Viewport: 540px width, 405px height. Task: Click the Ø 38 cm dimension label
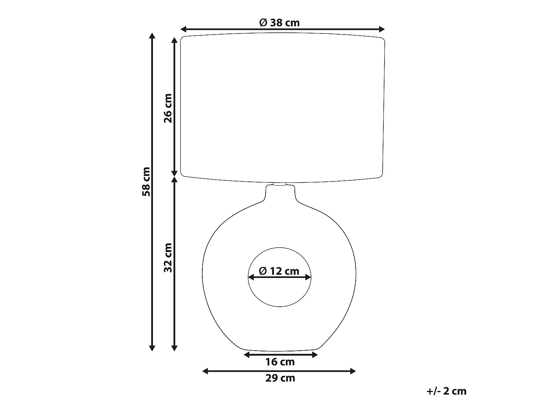pyautogui.click(x=279, y=23)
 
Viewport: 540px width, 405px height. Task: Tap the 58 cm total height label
pyautogui.click(x=147, y=181)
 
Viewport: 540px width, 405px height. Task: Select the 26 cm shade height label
pyautogui.click(x=168, y=108)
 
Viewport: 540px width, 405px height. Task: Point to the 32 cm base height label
pyautogui.click(x=168, y=257)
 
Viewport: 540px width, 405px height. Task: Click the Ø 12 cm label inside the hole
pyautogui.click(x=279, y=271)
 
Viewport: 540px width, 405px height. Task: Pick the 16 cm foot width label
pyautogui.click(x=280, y=362)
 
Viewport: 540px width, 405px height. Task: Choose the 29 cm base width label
pyautogui.click(x=280, y=378)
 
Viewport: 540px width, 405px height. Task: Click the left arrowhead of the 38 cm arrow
pyautogui.click(x=183, y=29)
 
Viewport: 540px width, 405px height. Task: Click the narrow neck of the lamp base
pyautogui.click(x=280, y=194)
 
